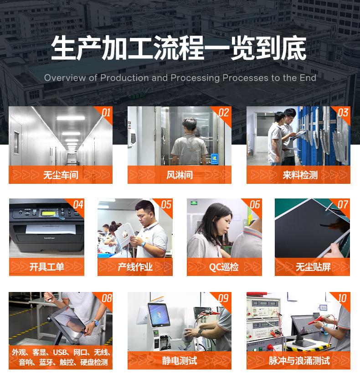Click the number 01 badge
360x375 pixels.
coord(106,112)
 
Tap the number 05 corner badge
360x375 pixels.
coord(166,205)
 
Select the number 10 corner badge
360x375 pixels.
coord(342,298)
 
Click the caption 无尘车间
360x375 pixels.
coord(61,175)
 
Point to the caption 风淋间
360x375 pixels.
coord(180,175)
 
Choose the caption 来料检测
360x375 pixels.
coord(300,175)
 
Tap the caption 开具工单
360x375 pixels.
coord(46,267)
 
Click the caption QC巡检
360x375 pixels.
coord(224,267)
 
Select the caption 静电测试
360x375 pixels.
coord(180,361)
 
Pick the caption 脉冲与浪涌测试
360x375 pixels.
coord(299,361)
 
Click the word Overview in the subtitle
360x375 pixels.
coord(65,78)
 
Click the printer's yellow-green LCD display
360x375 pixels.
coord(49,213)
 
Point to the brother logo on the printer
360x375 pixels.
coord(50,238)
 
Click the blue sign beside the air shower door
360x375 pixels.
coord(215,159)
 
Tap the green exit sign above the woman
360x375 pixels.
coord(194,203)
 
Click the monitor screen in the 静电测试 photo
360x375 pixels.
coord(159,314)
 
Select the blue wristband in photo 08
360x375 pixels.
coord(96,323)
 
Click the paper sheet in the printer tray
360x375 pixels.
coord(51,229)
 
